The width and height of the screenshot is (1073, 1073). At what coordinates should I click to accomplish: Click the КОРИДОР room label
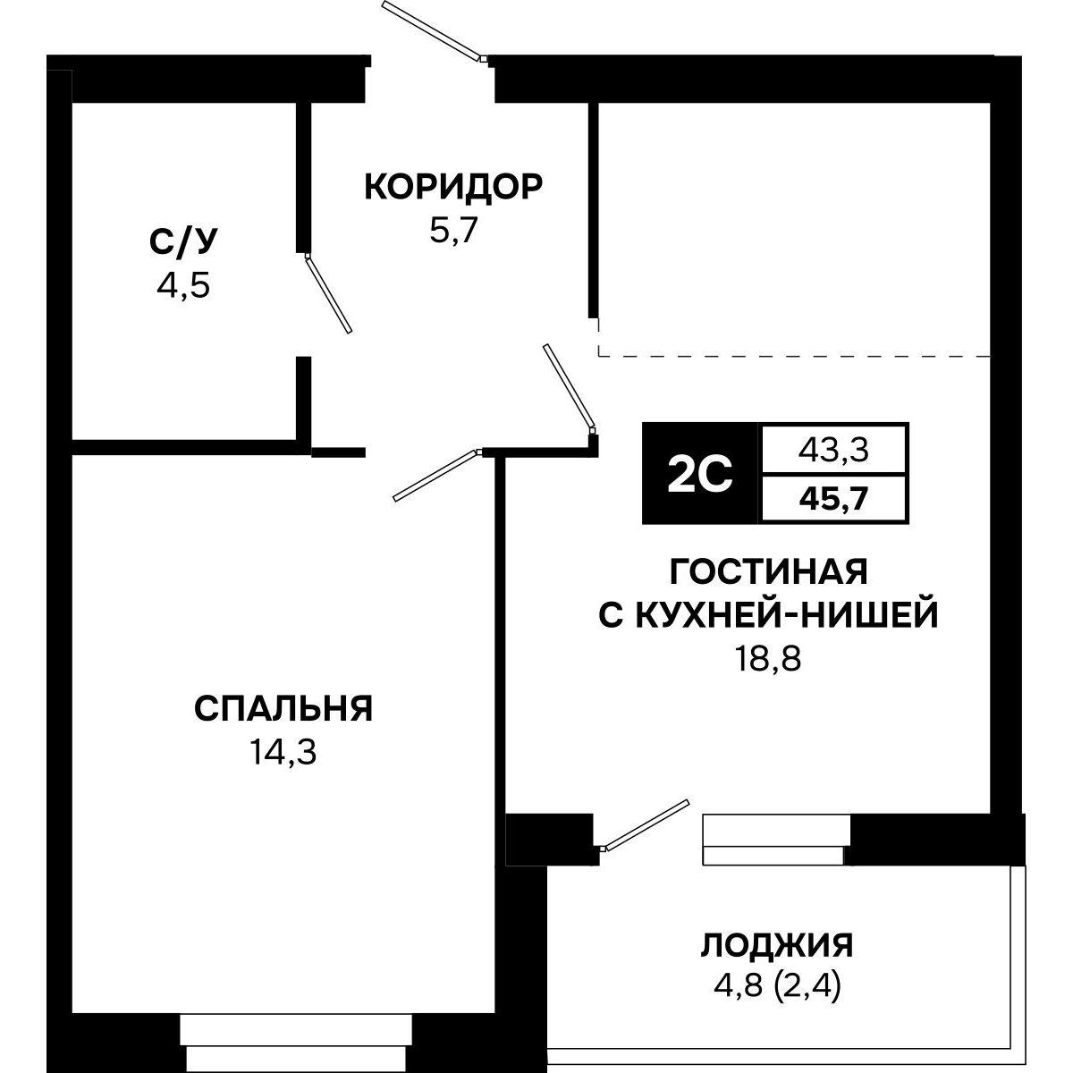(x=452, y=188)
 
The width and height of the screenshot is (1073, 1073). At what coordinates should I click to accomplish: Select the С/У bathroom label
(x=182, y=241)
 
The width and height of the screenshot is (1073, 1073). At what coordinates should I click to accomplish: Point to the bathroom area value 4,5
(x=182, y=287)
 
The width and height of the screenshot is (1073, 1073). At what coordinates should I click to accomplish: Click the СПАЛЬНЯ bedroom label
(x=283, y=709)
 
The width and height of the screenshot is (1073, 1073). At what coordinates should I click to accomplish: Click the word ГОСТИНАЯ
(x=768, y=570)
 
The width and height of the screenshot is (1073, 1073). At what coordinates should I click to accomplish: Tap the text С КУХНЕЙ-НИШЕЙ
(x=768, y=615)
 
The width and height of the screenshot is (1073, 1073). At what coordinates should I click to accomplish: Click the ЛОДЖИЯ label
(x=776, y=944)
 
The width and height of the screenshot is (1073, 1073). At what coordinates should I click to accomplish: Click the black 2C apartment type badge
(x=700, y=474)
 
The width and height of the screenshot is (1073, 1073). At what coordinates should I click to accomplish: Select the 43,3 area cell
(x=832, y=452)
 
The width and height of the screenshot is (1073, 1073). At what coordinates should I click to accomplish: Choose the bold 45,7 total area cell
(x=832, y=498)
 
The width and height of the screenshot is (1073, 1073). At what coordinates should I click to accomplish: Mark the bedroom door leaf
(x=435, y=475)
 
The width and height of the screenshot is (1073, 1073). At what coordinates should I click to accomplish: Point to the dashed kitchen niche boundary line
(x=794, y=356)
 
